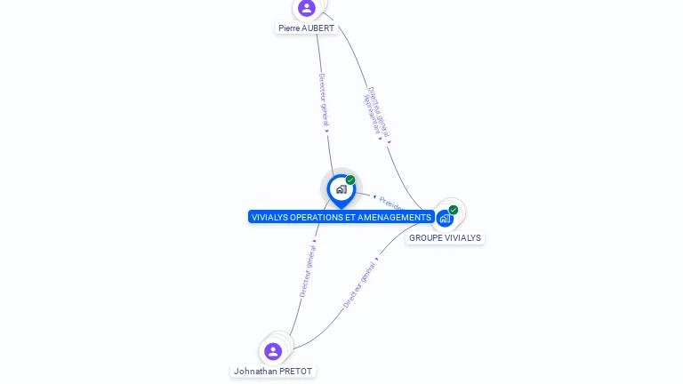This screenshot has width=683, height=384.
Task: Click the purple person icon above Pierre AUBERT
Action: pos(307,8)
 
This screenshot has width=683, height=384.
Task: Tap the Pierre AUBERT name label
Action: pos(306,28)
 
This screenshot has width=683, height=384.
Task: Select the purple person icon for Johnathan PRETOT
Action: pos(273,351)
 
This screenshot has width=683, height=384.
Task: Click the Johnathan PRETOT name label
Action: pos(273,371)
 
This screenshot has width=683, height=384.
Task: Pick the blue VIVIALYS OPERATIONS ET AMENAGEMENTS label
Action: pos(341,217)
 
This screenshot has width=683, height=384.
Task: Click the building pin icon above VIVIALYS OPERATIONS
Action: pos(341,189)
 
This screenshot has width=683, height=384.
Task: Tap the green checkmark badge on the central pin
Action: pos(350,180)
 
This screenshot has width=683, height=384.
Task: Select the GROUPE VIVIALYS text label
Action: pos(445,238)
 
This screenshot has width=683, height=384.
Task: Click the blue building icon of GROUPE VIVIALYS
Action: pos(445,218)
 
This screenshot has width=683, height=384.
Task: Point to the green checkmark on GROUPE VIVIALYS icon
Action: pos(454,210)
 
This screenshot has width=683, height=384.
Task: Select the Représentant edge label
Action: pos(371,114)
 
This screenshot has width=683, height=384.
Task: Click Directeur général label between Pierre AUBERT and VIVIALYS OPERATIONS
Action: pos(324,100)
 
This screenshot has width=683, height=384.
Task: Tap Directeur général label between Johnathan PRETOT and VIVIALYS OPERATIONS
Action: pos(308,267)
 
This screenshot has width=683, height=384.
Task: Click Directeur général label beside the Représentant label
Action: pos(380,111)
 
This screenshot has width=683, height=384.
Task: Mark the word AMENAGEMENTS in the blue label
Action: pos(395,217)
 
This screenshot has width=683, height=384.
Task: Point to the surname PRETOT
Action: pos(296,371)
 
